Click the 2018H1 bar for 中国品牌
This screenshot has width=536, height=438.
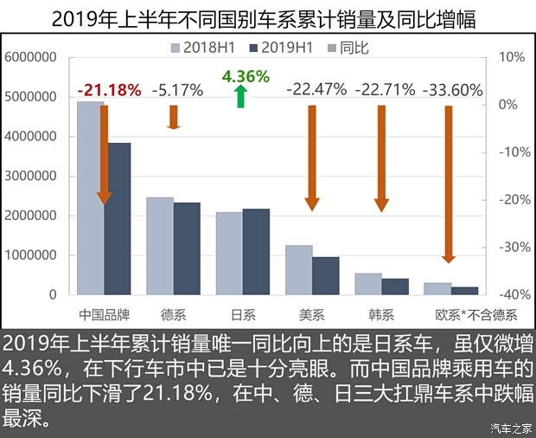[x=90, y=199]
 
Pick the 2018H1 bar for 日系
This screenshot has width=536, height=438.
[x=229, y=254]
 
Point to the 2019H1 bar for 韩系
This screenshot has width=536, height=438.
[x=395, y=287]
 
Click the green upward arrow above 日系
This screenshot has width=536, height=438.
[x=241, y=97]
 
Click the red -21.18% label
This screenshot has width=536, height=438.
[x=108, y=89]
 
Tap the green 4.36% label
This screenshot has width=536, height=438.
[x=246, y=76]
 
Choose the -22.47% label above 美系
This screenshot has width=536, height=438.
[x=316, y=89]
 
